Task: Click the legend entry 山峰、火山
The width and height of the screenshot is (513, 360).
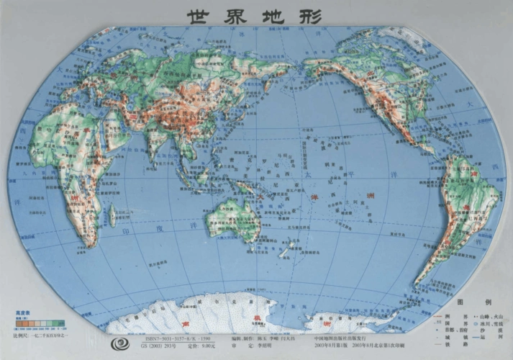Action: (490, 315)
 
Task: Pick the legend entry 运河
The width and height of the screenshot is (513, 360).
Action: (490, 338)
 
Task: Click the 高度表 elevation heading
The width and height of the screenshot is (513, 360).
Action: (12, 311)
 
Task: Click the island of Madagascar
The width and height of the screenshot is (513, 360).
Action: (113, 215)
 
